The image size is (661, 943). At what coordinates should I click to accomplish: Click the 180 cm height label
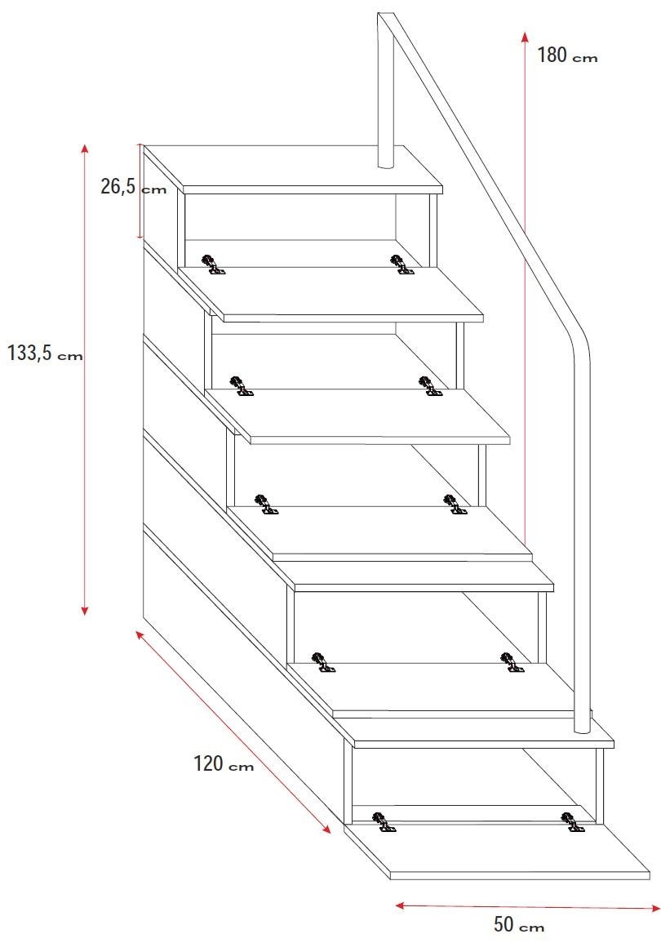pyautogui.click(x=567, y=56)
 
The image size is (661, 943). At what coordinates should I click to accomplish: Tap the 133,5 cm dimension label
pyautogui.click(x=45, y=353)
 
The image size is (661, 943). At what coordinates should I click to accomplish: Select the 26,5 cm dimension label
pyautogui.click(x=133, y=186)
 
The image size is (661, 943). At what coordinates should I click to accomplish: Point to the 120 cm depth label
pyautogui.click(x=224, y=763)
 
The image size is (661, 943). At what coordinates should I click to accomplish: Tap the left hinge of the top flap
pyautogui.click(x=213, y=265)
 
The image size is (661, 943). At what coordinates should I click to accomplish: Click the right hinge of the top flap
pyautogui.click(x=401, y=265)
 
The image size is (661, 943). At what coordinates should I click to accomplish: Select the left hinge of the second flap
pyautogui.click(x=242, y=386)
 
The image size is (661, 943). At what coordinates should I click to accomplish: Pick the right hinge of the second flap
pyautogui.click(x=429, y=386)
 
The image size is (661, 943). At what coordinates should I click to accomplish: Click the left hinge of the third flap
pyautogui.click(x=265, y=505)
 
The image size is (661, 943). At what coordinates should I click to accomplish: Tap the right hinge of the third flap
pyautogui.click(x=455, y=505)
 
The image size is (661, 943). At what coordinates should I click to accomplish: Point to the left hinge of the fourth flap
pyautogui.click(x=323, y=661)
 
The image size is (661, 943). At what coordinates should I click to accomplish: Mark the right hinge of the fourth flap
pyautogui.click(x=512, y=661)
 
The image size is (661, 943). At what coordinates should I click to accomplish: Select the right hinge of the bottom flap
pyautogui.click(x=572, y=821)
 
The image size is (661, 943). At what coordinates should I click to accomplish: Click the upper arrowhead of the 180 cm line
pyautogui.click(x=525, y=35)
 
